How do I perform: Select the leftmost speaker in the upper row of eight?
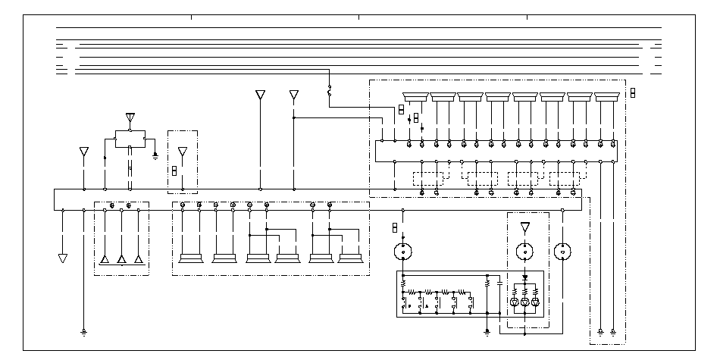pyautogui.click(x=415, y=96)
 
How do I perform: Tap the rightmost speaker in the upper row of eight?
pyautogui.click(x=607, y=96)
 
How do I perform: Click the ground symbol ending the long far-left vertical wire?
pyautogui.click(x=83, y=332)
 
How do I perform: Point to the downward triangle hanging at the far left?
pyautogui.click(x=63, y=258)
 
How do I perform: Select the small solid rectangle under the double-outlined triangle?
pyautogui.click(x=130, y=139)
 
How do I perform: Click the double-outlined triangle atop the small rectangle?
pyautogui.click(x=130, y=118)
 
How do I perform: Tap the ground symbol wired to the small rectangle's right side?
pyautogui.click(x=155, y=155)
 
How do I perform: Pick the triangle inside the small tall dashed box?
pyautogui.click(x=182, y=151)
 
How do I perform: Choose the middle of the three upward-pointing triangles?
pyautogui.click(x=121, y=259)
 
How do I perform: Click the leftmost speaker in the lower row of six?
pyautogui.click(x=191, y=258)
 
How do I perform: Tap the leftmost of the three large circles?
pyautogui.click(x=403, y=251)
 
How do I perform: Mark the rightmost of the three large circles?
pyautogui.click(x=562, y=251)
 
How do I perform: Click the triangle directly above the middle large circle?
pyautogui.click(x=525, y=227)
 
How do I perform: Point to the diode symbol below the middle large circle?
pyautogui.click(x=525, y=278)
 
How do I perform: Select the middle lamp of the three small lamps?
pyautogui.click(x=525, y=302)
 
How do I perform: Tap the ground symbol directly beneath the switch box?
pyautogui.click(x=487, y=331)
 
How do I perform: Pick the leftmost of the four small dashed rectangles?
pyautogui.click(x=429, y=179)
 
